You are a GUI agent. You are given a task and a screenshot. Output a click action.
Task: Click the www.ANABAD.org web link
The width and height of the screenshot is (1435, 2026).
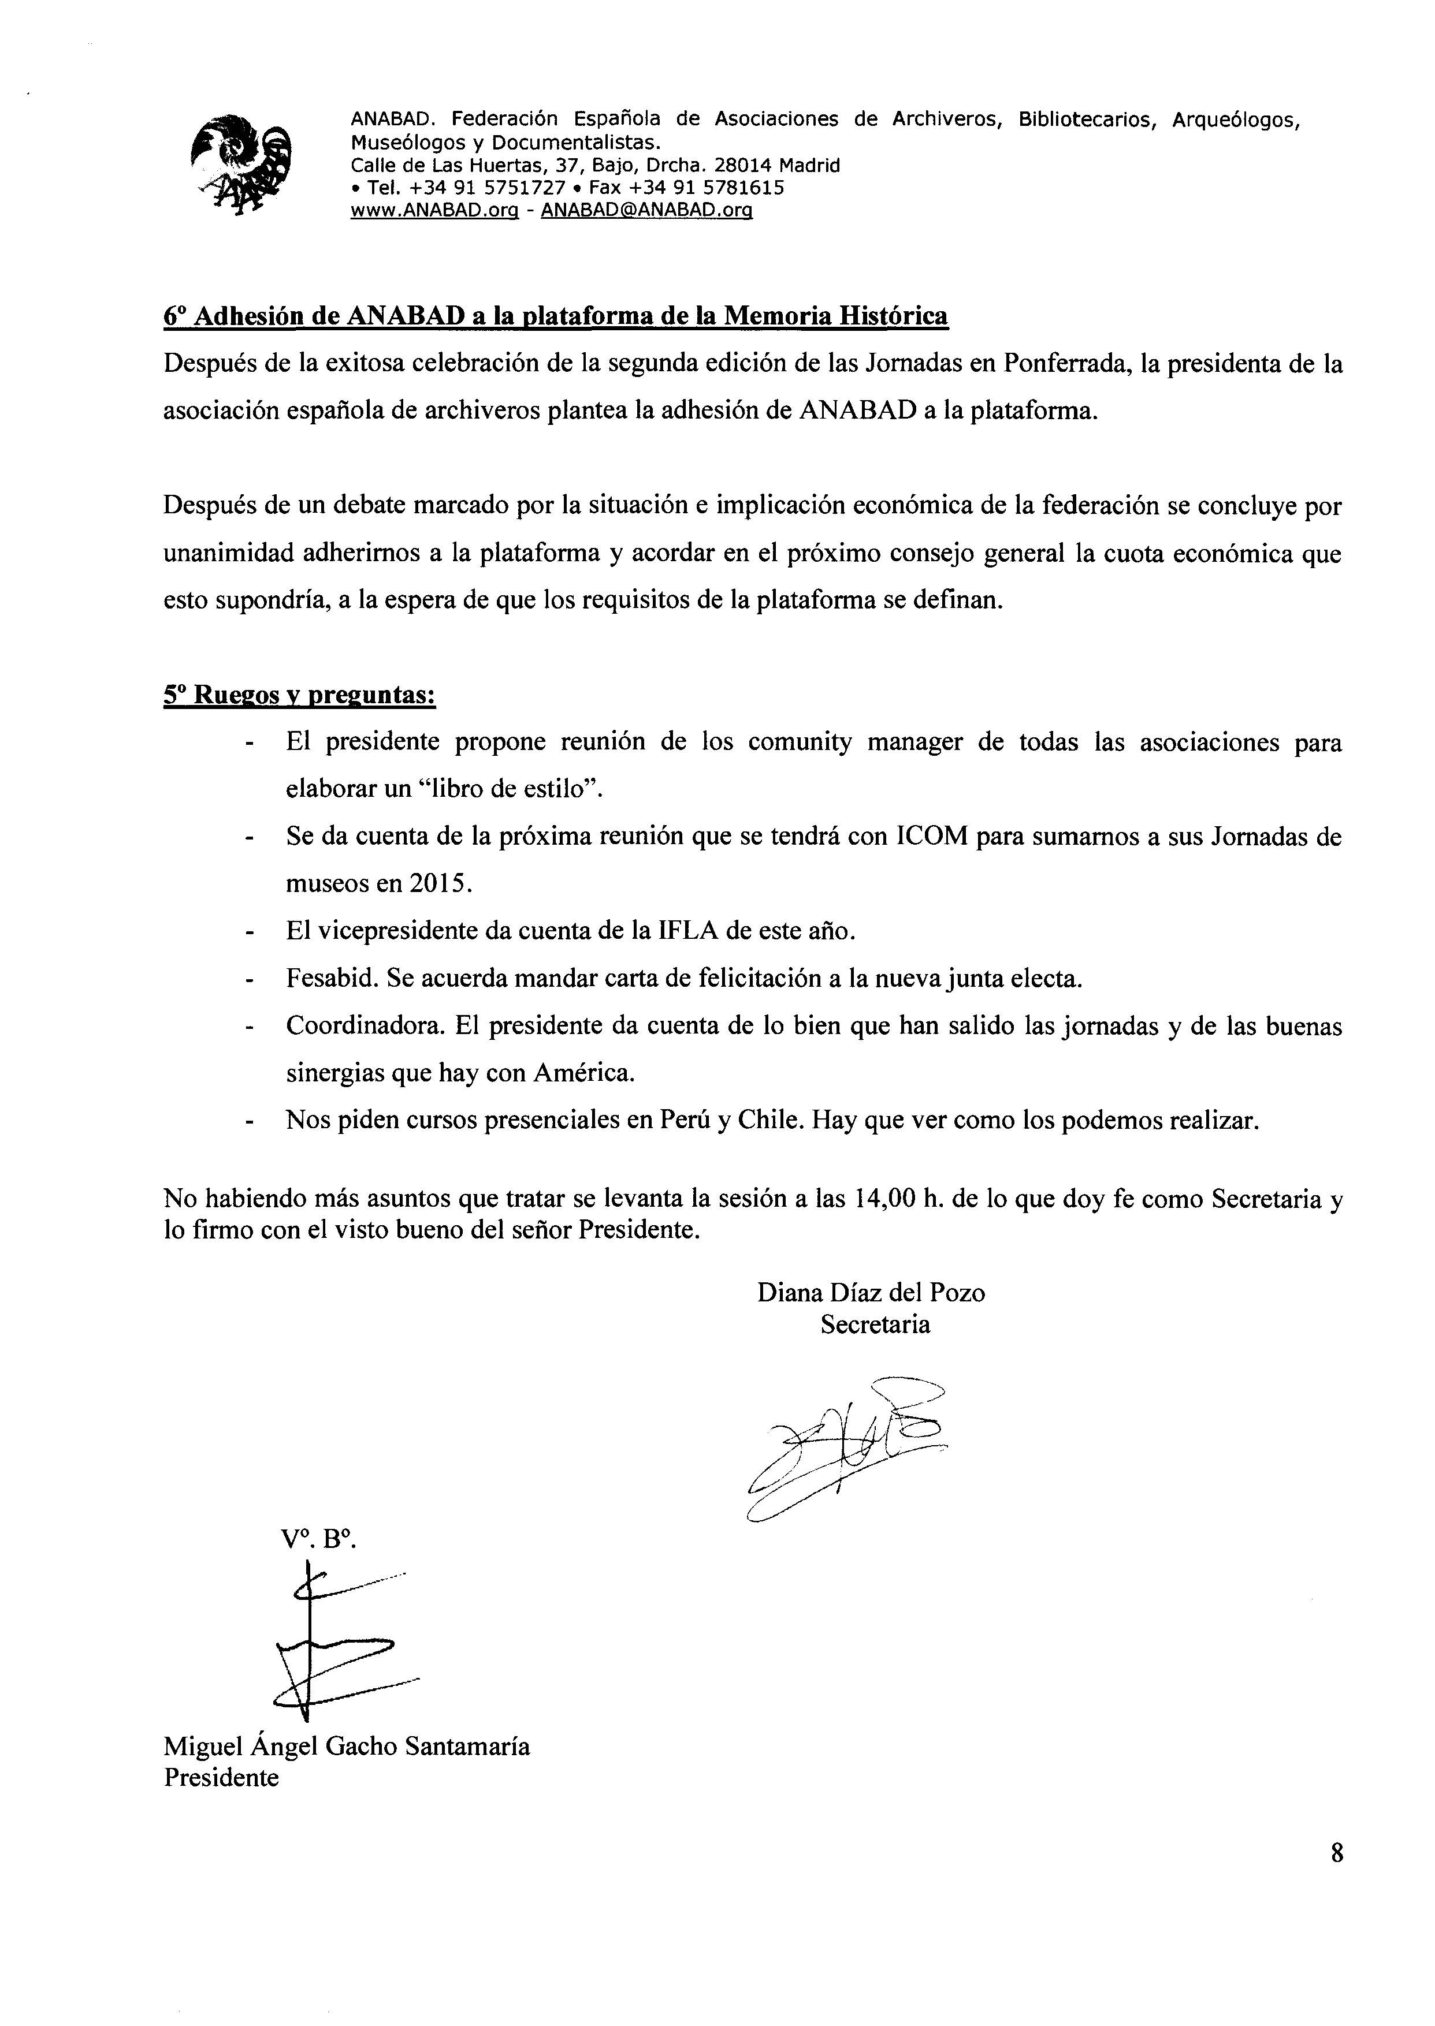[434, 210]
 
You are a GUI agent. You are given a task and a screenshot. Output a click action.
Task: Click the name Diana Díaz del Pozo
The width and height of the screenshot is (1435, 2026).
[871, 1293]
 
